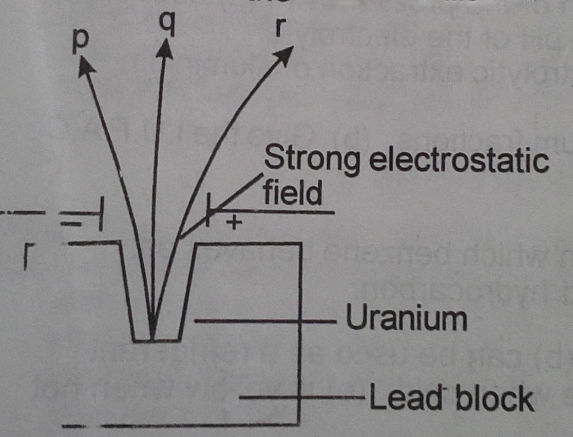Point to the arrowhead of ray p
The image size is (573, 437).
(x=85, y=64)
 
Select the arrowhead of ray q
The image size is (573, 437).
(x=165, y=49)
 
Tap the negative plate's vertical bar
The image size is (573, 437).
(x=103, y=220)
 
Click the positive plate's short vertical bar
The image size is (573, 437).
(x=208, y=211)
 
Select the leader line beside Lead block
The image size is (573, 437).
(x=303, y=397)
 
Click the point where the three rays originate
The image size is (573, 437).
(x=152, y=339)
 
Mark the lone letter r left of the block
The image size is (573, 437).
(x=26, y=259)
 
